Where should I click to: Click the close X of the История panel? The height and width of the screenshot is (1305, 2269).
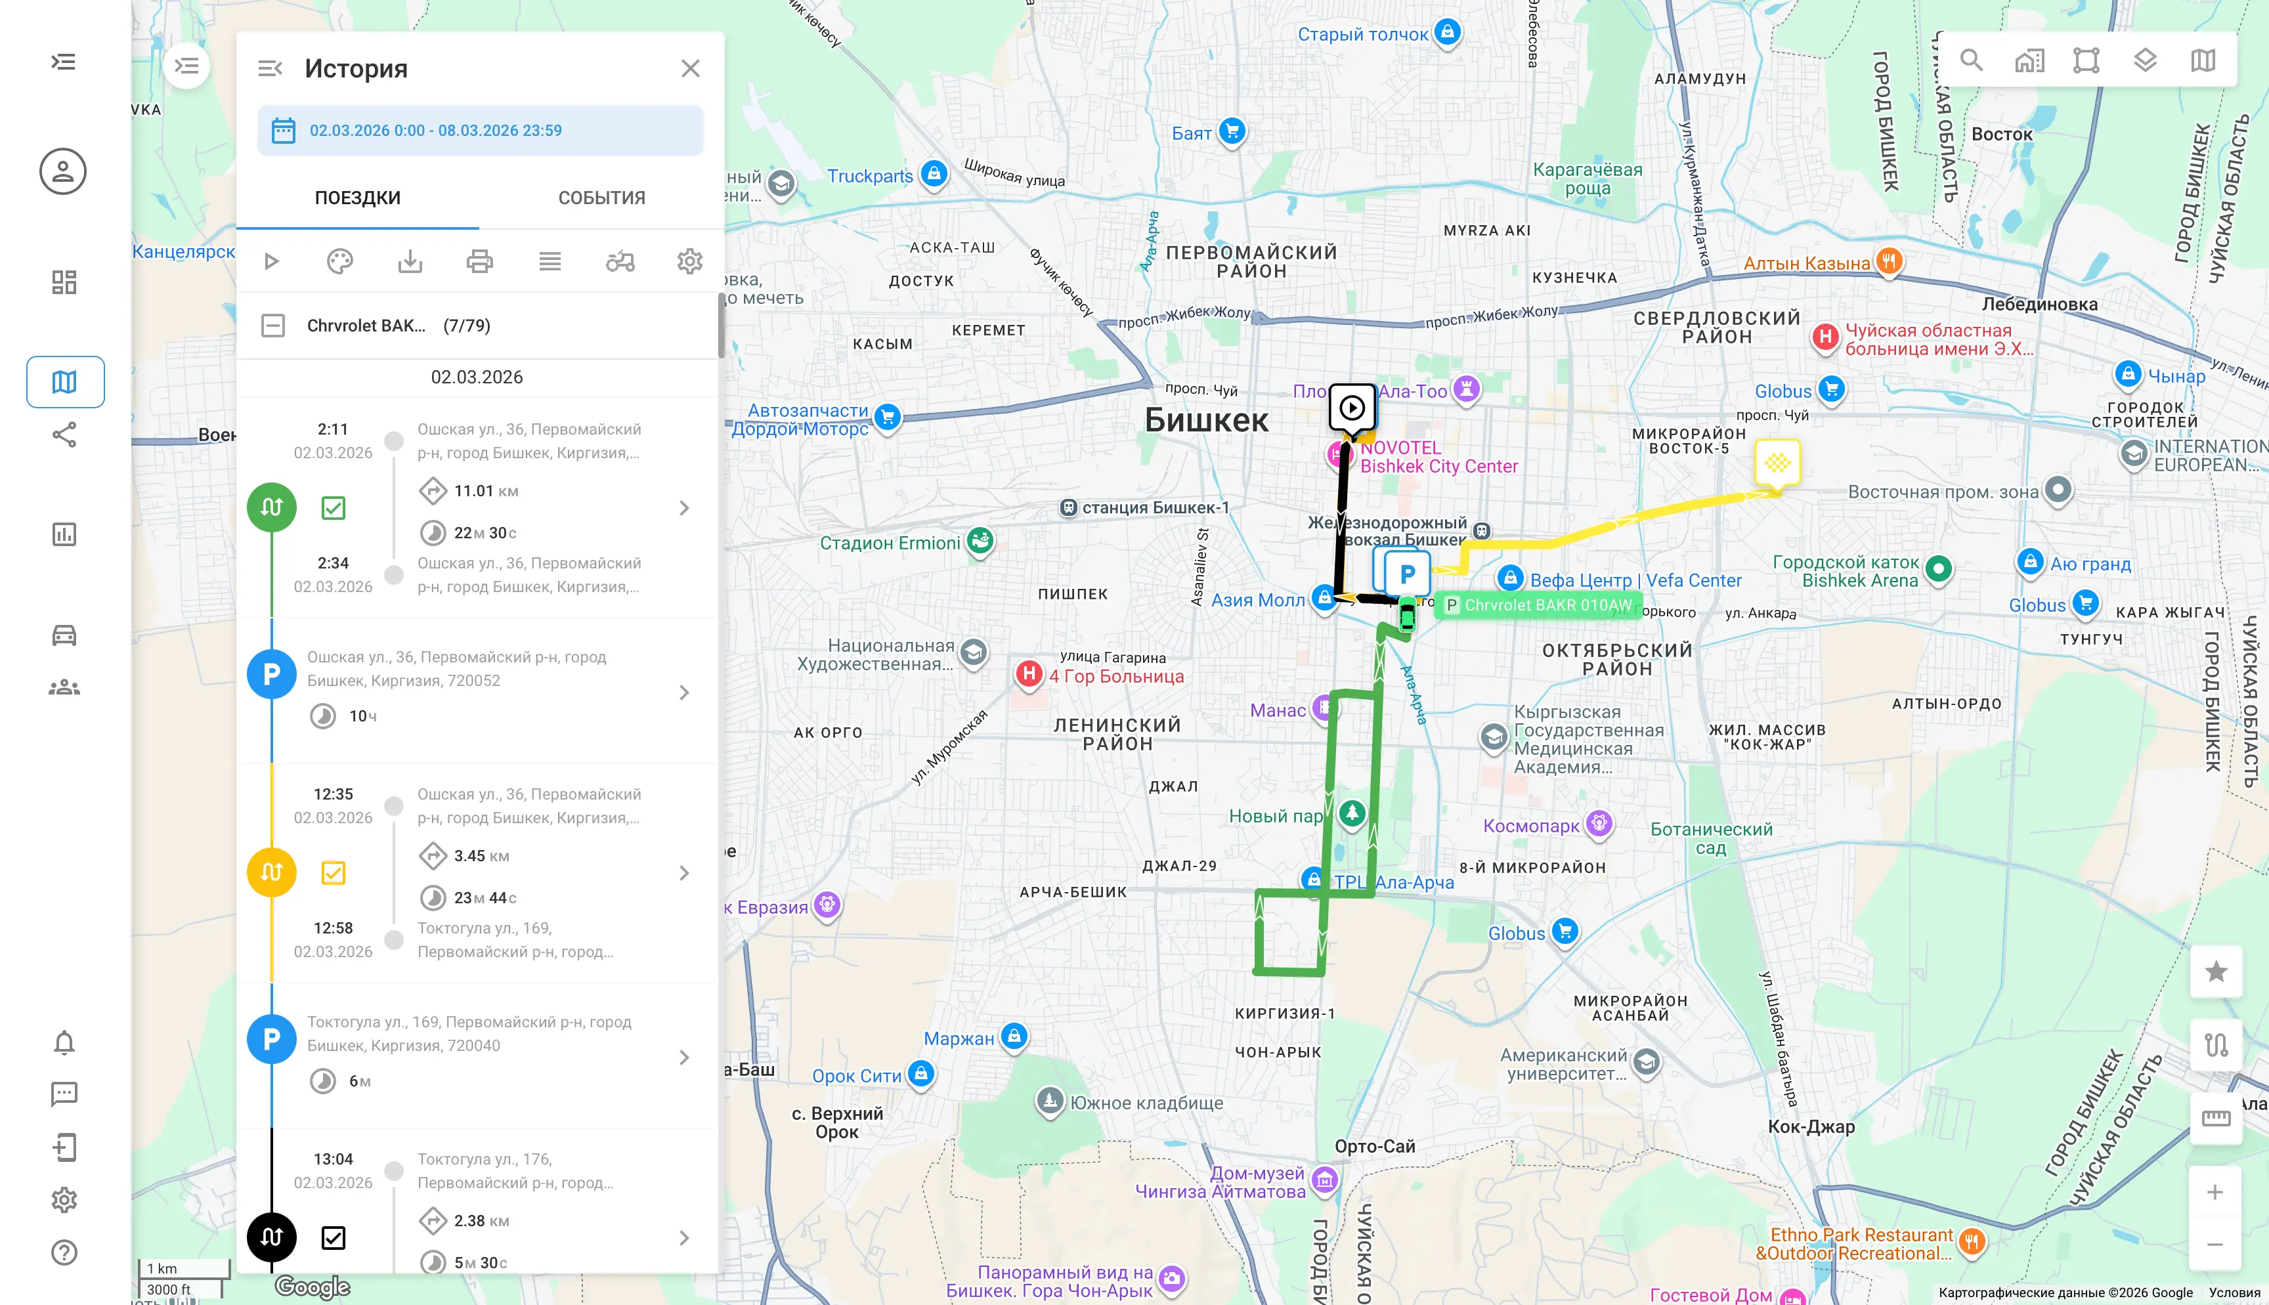[x=689, y=68]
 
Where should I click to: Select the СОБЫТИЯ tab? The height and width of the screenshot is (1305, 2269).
[x=601, y=198]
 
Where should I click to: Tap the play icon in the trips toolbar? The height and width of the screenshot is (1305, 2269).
[x=272, y=262]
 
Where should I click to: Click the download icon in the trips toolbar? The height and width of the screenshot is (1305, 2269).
[x=410, y=262]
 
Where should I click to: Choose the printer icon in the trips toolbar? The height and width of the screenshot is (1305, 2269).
[x=479, y=262]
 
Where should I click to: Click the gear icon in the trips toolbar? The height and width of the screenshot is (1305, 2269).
[x=689, y=262]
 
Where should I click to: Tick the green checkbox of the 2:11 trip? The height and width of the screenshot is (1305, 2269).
[x=334, y=508]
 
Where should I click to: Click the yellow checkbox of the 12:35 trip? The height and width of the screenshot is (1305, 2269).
[x=334, y=873]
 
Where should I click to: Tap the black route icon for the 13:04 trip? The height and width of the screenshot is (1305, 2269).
[x=272, y=1237]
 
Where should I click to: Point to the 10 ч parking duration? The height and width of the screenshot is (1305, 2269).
[x=362, y=716]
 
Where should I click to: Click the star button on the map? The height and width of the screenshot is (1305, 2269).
[x=2215, y=972]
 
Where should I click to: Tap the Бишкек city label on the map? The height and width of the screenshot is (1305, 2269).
[x=1206, y=420]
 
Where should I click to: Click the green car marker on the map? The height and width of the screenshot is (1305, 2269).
[x=1407, y=616]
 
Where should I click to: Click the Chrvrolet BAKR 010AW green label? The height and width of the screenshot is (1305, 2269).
[x=1547, y=605]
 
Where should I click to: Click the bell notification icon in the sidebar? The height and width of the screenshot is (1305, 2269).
[x=64, y=1042]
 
